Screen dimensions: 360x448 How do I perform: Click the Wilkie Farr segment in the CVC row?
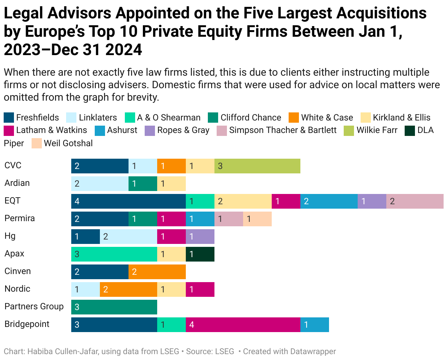257,166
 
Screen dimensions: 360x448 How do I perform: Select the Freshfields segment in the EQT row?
128,201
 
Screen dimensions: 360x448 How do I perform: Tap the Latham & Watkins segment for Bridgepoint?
243,325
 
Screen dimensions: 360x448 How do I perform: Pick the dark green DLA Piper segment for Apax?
200,254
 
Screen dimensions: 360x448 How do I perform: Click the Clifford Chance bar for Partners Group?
114,307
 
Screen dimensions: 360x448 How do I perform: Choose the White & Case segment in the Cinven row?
157,272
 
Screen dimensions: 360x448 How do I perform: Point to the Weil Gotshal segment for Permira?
257,219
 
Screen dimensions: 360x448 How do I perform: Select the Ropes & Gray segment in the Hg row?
200,237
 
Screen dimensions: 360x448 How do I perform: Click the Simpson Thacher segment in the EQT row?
415,201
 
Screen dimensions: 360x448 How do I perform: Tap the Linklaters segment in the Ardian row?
100,184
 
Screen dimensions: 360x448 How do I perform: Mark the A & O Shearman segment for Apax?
114,254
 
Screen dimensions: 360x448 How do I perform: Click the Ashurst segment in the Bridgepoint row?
314,325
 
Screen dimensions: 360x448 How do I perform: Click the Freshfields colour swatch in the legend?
9,118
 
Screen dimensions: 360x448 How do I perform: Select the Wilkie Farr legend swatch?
348,130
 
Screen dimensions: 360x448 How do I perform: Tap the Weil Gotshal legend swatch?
37,143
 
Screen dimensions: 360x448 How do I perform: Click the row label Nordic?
17,289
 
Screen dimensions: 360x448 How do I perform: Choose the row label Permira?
19,218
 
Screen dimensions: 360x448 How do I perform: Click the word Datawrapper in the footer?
314,352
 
